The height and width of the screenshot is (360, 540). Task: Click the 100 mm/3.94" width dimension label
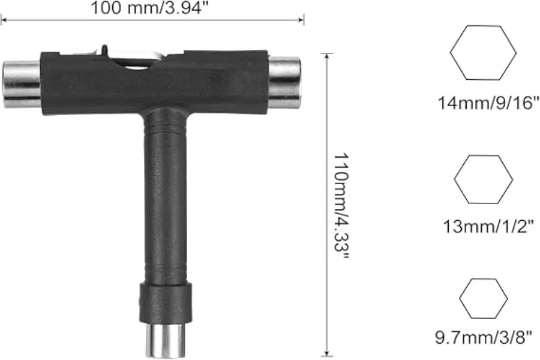pyautogui.click(x=149, y=8)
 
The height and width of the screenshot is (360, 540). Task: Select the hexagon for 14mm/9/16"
pyautogui.click(x=483, y=53)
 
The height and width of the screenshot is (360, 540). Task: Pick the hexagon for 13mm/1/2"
pyautogui.click(x=483, y=179)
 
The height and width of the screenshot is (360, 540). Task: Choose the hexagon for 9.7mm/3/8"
pyautogui.click(x=483, y=298)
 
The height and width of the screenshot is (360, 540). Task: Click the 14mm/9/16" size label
pyautogui.click(x=488, y=103)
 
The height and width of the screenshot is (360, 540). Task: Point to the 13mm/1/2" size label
pyautogui.click(x=488, y=226)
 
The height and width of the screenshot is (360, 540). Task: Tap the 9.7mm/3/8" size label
pyautogui.click(x=483, y=337)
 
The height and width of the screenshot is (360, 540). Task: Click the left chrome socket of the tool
pyautogui.click(x=22, y=85)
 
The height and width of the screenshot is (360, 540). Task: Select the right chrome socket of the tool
pyautogui.click(x=284, y=83)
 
